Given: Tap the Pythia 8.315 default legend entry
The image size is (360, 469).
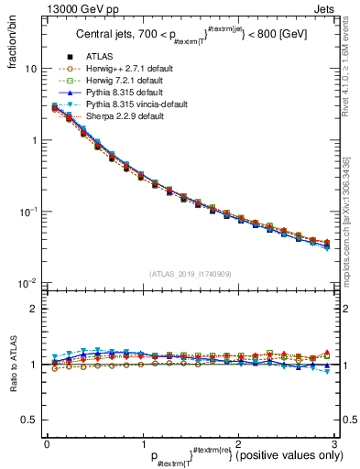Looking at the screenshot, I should point(119,116).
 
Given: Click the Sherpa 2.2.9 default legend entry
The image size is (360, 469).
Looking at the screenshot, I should point(119,140).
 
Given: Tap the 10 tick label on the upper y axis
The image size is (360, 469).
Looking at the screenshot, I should point(30,70).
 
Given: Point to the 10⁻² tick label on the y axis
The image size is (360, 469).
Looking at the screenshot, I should point(28,283).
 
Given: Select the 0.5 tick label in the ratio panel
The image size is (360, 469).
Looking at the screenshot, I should point(28,420).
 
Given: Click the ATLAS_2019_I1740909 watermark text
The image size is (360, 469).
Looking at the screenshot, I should point(191,274).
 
